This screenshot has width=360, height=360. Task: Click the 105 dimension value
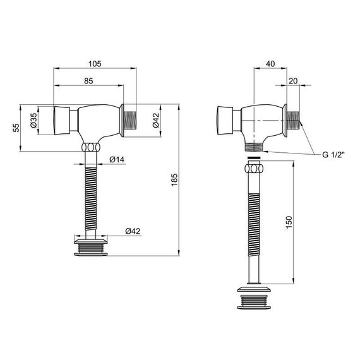95,64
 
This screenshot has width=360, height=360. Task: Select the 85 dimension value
88,81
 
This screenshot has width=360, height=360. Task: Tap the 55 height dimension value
16,128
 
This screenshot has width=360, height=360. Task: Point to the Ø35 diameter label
33,120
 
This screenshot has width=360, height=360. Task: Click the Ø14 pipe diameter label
117,159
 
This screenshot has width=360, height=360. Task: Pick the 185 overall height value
174,179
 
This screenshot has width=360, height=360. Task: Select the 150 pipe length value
289,222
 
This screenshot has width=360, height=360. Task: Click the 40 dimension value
270,64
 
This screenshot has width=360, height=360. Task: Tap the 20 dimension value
293,81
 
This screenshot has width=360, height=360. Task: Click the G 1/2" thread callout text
333,155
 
